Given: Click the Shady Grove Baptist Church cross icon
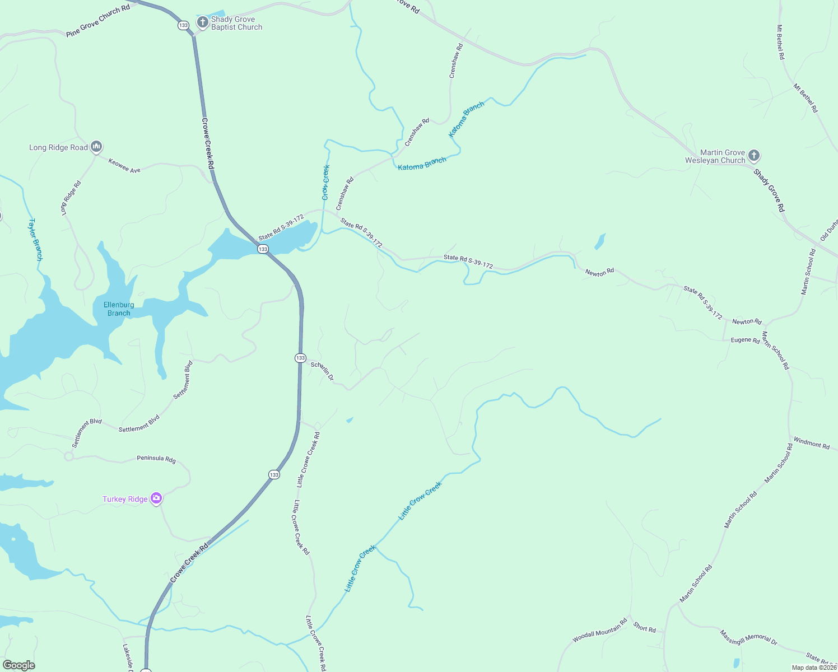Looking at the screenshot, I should coord(202,22).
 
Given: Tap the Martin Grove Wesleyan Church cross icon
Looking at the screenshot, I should coord(754,156).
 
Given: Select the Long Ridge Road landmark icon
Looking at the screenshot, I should coord(96,147).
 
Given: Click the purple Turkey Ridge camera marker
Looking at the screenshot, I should coord(156,498).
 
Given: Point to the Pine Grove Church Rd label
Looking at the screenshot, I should coord(98,21).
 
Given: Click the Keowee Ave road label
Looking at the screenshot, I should coord(124,166).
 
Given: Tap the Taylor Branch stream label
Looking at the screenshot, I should coord(35,240).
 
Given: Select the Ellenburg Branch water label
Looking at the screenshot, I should coord(119,309).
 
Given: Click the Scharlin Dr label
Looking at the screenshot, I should coord(322,371).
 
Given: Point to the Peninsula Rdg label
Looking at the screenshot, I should coord(156,459).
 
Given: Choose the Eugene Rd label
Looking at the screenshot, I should coord(745,340).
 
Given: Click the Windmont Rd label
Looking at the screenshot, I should coord(811,443).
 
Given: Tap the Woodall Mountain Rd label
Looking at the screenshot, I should coord(600,631).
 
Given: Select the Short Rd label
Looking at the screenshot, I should coord(644,627).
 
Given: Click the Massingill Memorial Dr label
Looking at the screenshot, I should coord(748,638).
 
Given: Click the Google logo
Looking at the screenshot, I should coord(18,665).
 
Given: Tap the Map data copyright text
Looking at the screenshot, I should coord(814,668).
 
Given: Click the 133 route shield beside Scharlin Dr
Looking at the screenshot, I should coord(301,358).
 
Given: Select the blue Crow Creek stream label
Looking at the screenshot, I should coord(325,182).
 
